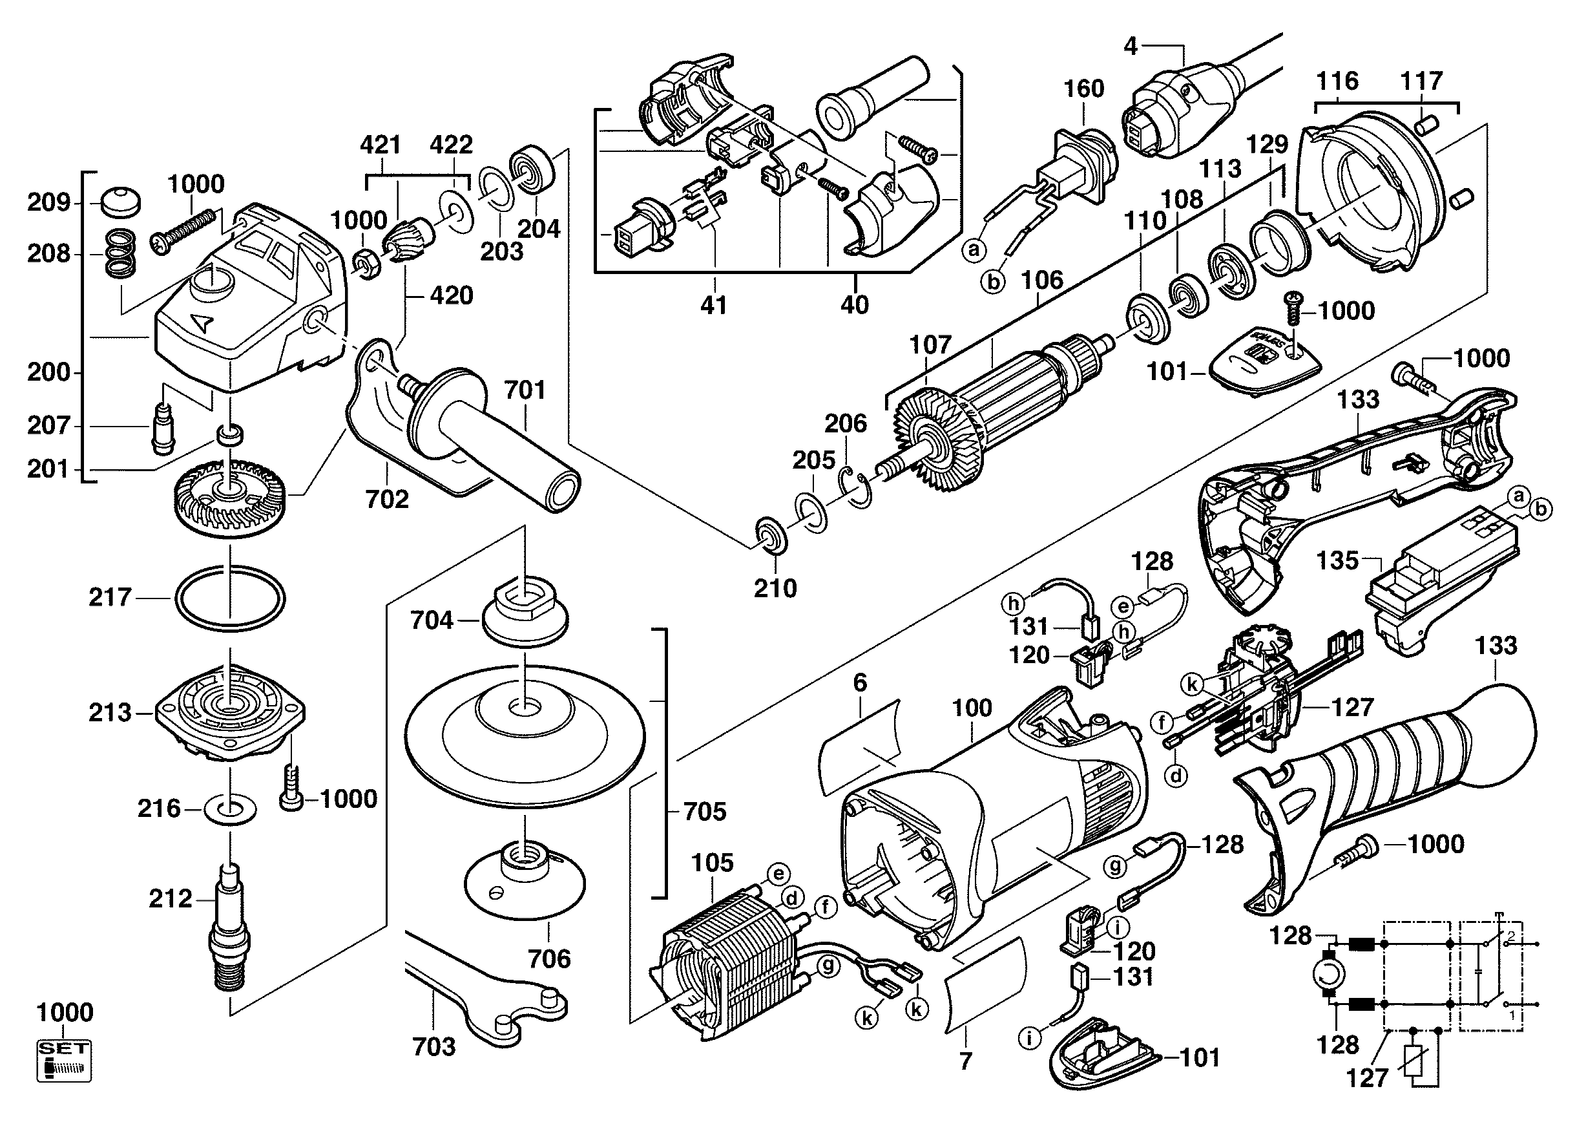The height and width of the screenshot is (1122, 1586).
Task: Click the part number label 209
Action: click(x=48, y=202)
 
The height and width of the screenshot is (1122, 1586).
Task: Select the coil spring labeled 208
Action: click(x=120, y=255)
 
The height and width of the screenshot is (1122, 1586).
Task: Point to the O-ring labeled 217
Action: click(x=229, y=598)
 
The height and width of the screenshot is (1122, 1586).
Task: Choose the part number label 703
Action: click(x=433, y=1046)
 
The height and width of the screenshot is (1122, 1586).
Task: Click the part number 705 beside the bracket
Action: click(x=705, y=811)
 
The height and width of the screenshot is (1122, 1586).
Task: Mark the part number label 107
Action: click(x=930, y=344)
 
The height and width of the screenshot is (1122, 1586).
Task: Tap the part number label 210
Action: click(x=775, y=589)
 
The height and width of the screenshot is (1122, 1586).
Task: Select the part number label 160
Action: click(x=1084, y=89)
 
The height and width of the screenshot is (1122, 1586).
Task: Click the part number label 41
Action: click(x=714, y=304)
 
